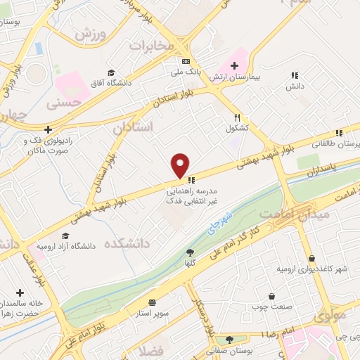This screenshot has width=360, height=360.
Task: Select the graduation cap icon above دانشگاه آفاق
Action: coord(110,73)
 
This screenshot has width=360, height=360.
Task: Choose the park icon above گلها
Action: coord(189,252)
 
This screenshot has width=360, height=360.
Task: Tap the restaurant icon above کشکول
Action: coord(238,118)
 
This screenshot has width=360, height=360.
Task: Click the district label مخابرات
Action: coord(149,45)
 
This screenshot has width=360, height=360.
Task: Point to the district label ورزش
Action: coord(91,34)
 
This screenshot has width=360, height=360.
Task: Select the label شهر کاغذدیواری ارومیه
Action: coord(311,269)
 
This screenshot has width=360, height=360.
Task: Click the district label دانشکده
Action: coord(127,244)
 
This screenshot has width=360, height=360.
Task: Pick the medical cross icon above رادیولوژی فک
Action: coord(47,129)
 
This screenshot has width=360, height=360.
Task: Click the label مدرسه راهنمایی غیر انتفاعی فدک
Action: coord(192,196)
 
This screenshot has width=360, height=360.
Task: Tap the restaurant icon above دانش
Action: coord(294,75)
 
